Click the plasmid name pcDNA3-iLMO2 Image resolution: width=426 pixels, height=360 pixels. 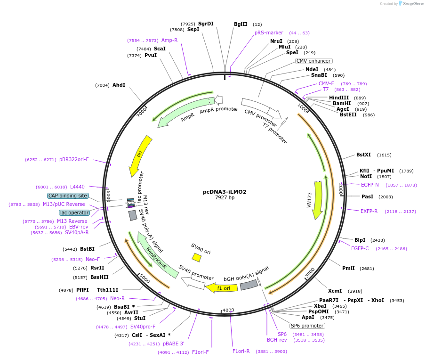click(x=225, y=192)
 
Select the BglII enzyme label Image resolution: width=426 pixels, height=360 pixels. click(x=241, y=25)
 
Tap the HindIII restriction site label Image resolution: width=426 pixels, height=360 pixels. click(x=339, y=98)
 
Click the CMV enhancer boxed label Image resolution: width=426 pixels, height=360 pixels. click(x=314, y=61)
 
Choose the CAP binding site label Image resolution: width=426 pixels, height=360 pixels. click(x=68, y=196)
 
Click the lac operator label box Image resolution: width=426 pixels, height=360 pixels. click(x=74, y=213)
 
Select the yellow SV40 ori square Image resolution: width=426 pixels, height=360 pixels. click(x=197, y=257)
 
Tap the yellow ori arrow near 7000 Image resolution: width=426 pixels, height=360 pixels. click(x=140, y=155)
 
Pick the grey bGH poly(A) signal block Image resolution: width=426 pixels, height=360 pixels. click(x=249, y=285)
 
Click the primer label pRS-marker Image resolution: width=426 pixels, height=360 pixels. click(x=269, y=33)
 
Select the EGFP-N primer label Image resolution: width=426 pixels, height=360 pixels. click(x=370, y=185)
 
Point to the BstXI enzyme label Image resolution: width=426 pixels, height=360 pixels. click(x=363, y=155)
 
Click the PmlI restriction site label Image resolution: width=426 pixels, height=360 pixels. click(x=348, y=268)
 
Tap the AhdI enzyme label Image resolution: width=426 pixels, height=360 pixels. click(x=119, y=85)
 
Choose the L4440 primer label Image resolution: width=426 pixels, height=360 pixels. click(x=78, y=187)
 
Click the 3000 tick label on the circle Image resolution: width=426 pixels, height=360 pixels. click(x=309, y=273)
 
